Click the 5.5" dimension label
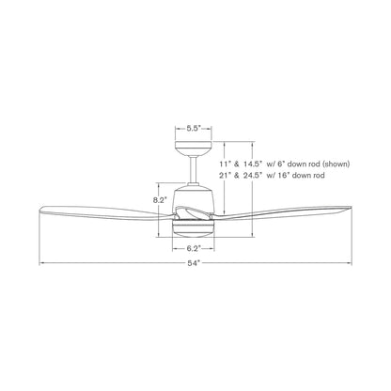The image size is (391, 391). pos(194,128)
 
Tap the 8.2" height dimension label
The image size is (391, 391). pos(160,201)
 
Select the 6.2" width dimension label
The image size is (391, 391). pos(194,249)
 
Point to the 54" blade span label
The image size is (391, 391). pos(194,263)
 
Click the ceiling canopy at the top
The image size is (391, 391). pos(194,148)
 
